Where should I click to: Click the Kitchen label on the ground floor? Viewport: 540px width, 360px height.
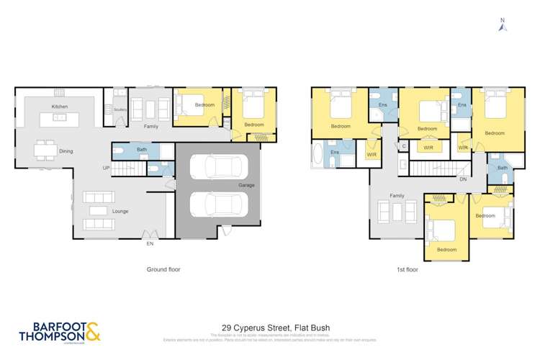[x=59, y=107]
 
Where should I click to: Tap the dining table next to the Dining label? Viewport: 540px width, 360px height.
[x=45, y=150]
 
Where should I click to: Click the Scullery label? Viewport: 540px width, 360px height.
[x=120, y=109]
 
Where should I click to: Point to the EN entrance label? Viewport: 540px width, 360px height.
[x=150, y=244]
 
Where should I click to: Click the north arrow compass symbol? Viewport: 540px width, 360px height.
[x=503, y=24]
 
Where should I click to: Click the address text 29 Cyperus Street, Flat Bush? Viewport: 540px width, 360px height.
[x=269, y=326]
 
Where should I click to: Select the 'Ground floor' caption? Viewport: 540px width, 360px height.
[x=163, y=270]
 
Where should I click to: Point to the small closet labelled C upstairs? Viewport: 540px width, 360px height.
[x=405, y=146]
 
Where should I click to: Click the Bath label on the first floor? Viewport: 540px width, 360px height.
[x=502, y=168]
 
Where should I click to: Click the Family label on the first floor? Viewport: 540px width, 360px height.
[x=397, y=196]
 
